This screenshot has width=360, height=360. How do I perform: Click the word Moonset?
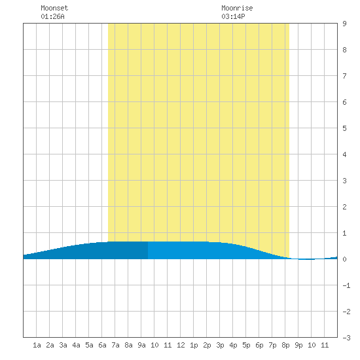54,8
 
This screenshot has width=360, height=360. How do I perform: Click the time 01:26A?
52,16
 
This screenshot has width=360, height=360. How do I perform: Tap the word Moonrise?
237,8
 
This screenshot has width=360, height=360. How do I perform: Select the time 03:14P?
233,16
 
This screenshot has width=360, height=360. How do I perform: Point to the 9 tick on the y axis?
344,24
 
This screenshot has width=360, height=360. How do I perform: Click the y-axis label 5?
344,128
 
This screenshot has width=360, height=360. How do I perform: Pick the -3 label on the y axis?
346,338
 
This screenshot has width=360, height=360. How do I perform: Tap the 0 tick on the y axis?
344,259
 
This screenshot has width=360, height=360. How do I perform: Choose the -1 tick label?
346,285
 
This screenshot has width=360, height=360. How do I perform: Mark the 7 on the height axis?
344,76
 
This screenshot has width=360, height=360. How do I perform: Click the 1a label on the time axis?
37,345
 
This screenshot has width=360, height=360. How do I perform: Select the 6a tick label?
102,345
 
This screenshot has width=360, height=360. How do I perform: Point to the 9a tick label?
141,345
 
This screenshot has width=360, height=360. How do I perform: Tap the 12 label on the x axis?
181,345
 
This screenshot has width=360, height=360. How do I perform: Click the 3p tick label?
220,345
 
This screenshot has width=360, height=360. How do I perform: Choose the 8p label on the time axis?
285,345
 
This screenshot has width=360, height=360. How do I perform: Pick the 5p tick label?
246,345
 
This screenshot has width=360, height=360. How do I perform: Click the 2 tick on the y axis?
344,207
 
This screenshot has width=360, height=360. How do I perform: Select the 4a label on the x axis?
76,345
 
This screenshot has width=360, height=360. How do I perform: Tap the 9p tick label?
298,345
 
